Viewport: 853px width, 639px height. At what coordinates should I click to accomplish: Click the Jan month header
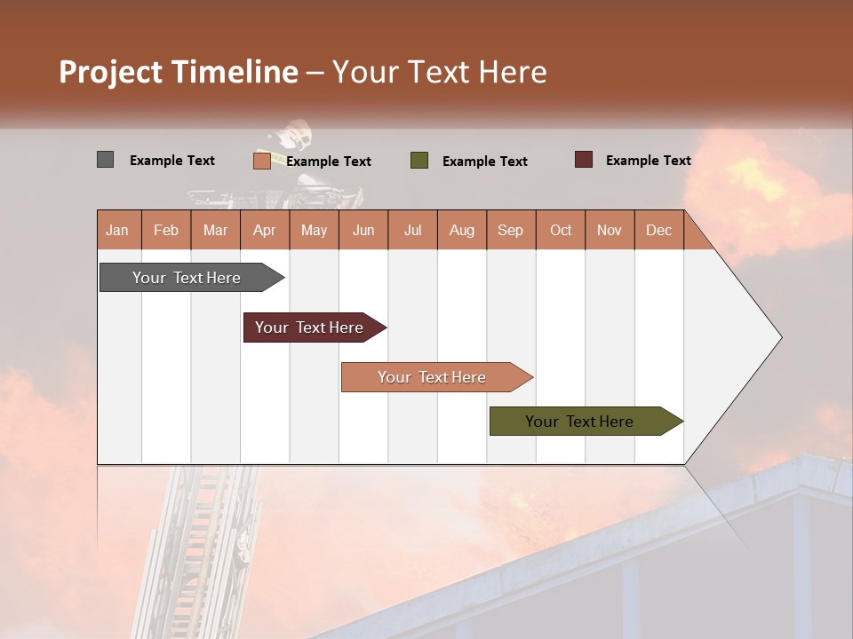click(118, 230)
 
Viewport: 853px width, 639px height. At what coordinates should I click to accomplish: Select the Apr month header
click(265, 230)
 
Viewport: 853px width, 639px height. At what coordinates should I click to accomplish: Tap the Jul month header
click(413, 230)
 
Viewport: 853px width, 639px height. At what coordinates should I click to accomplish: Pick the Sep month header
click(511, 230)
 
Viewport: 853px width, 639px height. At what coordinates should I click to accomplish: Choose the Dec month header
click(659, 230)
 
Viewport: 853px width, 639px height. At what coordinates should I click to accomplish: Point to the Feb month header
click(166, 230)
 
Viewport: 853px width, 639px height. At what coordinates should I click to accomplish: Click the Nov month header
click(610, 230)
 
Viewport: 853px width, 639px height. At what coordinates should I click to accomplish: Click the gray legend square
click(106, 160)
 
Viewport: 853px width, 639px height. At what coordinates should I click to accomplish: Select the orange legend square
click(262, 161)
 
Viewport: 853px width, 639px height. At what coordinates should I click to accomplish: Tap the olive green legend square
click(419, 161)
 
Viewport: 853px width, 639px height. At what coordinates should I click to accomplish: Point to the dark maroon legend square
click(584, 160)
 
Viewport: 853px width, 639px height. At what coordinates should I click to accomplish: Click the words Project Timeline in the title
click(179, 72)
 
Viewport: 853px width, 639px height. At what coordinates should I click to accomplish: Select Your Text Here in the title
click(440, 72)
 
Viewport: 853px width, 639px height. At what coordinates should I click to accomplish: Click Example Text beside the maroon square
click(648, 161)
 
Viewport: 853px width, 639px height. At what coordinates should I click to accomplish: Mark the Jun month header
click(363, 230)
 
